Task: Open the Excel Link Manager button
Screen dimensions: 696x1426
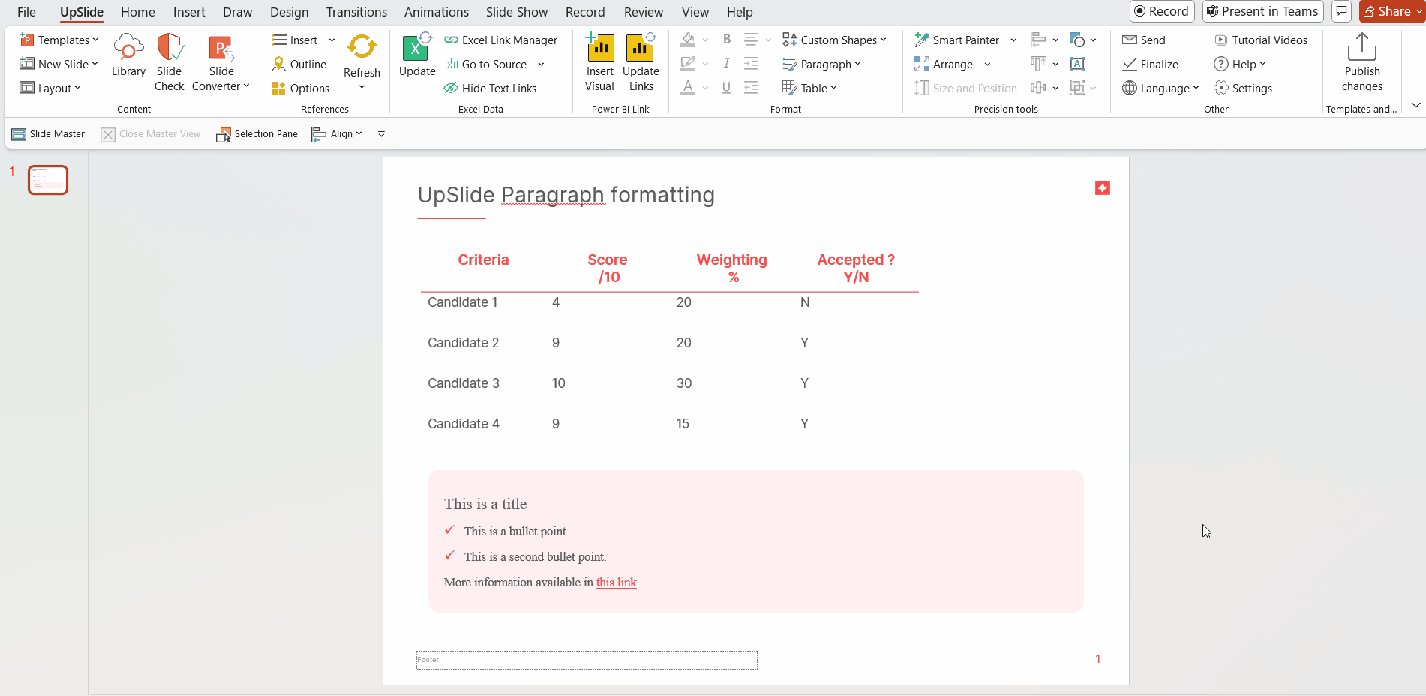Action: point(501,40)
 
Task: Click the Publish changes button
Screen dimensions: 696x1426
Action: point(1361,63)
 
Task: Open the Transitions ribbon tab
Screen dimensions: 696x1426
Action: point(356,12)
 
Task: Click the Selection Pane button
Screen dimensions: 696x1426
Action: point(257,134)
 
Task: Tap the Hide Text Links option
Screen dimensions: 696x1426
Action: point(491,88)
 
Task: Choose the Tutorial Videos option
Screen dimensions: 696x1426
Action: point(1261,40)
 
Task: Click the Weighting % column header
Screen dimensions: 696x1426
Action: point(732,268)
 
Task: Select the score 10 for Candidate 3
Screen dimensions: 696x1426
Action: point(559,383)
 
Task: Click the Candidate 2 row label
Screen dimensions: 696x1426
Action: point(463,343)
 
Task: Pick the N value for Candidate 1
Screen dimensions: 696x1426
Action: point(805,302)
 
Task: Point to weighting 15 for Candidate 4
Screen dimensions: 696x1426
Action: point(683,424)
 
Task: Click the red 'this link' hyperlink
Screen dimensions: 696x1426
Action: point(616,583)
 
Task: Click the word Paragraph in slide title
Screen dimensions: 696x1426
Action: point(552,195)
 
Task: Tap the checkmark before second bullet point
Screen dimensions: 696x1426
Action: point(449,556)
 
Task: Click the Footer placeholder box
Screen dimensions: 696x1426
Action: point(587,660)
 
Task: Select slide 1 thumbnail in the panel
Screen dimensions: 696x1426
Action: point(48,180)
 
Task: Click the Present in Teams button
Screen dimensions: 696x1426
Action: point(1262,11)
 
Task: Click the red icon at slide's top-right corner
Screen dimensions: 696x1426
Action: point(1102,188)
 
